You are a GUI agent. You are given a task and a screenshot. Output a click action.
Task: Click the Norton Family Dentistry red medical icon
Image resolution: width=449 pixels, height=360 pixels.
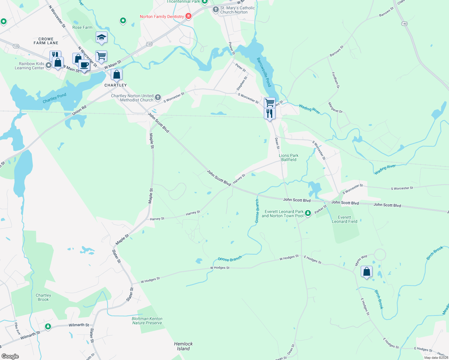click(x=188, y=16)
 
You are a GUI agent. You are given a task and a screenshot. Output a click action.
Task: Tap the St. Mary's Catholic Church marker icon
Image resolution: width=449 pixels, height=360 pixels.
click(x=215, y=10)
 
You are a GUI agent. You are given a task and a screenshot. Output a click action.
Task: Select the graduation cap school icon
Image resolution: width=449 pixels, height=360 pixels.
click(x=101, y=37)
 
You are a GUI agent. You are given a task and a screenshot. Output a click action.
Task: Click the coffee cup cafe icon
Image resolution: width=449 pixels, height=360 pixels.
click(x=84, y=65)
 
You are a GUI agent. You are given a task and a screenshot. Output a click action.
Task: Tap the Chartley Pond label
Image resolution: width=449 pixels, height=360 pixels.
click(x=54, y=98)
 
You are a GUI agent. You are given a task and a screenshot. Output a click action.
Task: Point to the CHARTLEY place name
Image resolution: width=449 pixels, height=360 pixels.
click(x=116, y=85)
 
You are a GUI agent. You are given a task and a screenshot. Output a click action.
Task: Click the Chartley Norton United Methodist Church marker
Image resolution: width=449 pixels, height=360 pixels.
click(x=158, y=97)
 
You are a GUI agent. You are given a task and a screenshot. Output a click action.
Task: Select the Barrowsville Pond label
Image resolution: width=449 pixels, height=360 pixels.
click(x=264, y=72)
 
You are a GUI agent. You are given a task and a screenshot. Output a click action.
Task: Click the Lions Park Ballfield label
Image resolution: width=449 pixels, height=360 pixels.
click(x=289, y=157)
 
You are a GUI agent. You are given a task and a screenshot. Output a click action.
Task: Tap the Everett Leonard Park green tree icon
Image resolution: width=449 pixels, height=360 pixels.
click(x=308, y=213)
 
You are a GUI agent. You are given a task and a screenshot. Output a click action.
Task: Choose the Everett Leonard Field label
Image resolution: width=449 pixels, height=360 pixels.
click(x=345, y=219)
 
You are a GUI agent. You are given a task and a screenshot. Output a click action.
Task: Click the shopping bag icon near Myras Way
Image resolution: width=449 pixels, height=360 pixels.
click(x=366, y=272)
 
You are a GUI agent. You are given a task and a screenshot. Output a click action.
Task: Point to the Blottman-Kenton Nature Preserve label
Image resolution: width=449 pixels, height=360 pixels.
click(x=147, y=321)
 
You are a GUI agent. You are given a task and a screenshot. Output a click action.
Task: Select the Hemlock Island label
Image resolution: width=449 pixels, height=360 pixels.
click(x=183, y=346)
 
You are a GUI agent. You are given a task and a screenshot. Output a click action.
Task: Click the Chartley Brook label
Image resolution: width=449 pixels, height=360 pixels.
click(x=43, y=297)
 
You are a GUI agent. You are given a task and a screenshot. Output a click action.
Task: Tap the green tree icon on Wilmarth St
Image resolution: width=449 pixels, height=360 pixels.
click(x=48, y=326)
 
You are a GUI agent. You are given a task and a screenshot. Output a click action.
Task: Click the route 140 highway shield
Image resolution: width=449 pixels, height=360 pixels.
click(x=404, y=24)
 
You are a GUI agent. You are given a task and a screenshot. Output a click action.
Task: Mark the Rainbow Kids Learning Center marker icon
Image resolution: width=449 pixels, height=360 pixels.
click(x=48, y=65)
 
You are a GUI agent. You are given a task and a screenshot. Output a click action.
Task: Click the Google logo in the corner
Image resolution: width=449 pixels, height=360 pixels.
click(x=10, y=356)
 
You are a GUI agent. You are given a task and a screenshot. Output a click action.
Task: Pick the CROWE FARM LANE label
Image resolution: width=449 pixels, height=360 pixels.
click(x=46, y=41)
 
